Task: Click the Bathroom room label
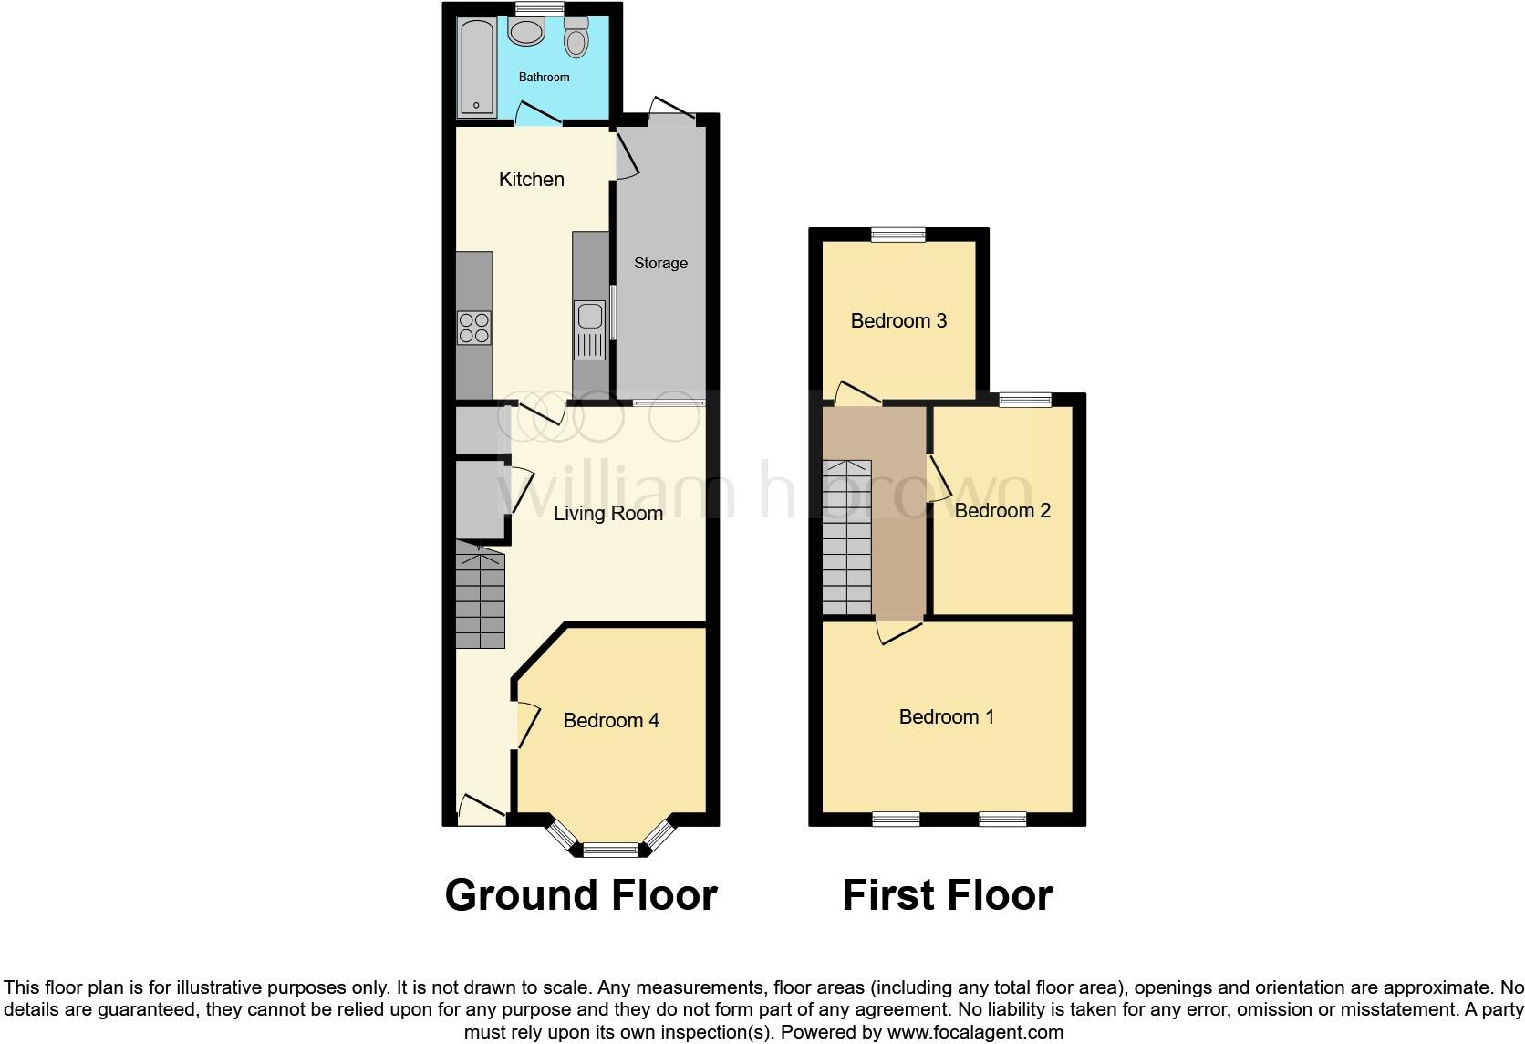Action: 544,77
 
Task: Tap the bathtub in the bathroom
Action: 477,68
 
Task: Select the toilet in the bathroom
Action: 576,37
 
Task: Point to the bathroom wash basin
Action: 526,33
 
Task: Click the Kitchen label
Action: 531,179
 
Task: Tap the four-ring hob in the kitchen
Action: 474,328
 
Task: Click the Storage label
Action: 660,263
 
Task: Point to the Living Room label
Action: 608,513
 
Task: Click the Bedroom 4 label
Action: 611,720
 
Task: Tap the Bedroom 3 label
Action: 898,320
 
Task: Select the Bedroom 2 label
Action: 1002,510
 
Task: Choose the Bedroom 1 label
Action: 946,716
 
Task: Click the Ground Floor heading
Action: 581,894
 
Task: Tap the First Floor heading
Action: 947,894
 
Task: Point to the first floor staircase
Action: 847,538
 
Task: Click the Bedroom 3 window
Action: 898,235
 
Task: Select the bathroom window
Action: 538,8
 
